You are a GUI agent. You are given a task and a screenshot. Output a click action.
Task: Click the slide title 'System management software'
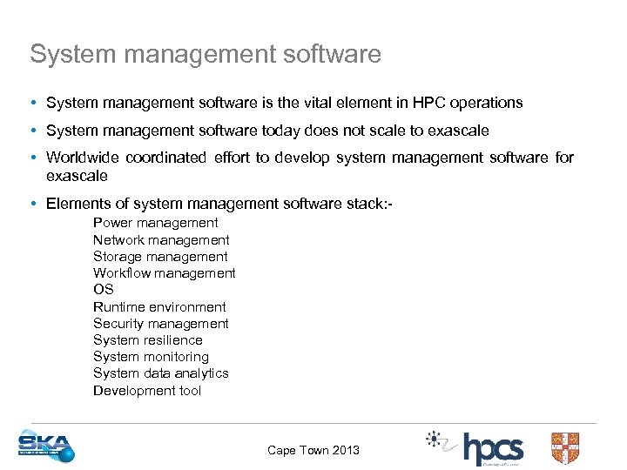[206, 54]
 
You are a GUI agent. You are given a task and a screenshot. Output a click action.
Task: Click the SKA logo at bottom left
[46, 446]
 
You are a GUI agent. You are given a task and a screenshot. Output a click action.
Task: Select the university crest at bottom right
[565, 447]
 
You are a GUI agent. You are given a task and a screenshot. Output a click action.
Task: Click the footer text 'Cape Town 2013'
[313, 450]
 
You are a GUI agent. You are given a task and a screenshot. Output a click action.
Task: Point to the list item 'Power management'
[156, 223]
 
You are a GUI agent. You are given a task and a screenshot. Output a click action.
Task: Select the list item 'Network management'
[161, 240]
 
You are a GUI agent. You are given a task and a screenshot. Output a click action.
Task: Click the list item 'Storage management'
[160, 257]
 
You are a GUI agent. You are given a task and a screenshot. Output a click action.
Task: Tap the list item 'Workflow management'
[165, 273]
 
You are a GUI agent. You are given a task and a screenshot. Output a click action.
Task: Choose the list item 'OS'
[104, 290]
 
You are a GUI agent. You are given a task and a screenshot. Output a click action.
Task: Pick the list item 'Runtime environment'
[159, 307]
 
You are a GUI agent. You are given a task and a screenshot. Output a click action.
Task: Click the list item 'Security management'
[161, 324]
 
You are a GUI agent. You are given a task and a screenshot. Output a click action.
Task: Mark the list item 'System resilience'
[148, 340]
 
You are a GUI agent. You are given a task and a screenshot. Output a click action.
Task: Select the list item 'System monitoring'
[151, 357]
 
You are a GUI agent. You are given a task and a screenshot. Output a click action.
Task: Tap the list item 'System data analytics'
[161, 373]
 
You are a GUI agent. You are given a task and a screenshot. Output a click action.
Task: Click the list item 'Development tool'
[147, 391]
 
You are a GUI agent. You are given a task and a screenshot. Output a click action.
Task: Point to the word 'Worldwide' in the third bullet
[83, 158]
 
